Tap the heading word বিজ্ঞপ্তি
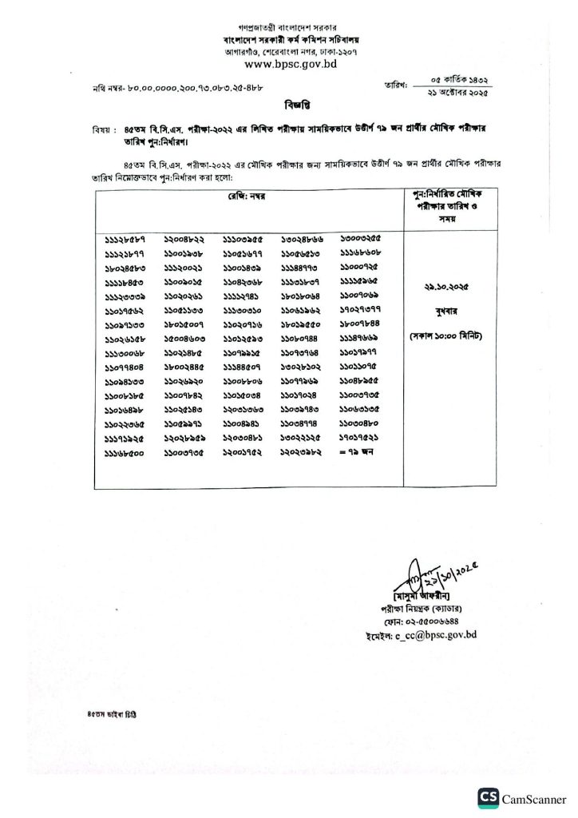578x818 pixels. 289,105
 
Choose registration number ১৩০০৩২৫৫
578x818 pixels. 361,239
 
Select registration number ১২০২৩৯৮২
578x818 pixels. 302,451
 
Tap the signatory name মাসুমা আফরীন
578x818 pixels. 422,597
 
